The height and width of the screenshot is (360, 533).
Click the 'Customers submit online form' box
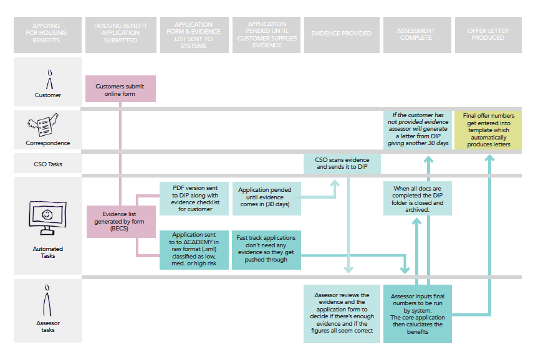[120, 88]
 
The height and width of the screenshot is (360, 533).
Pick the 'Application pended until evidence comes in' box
[266, 197]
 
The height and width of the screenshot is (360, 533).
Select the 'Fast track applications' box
[266, 250]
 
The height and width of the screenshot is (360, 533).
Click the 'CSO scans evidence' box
[340, 163]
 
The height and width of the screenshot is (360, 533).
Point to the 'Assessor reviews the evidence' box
[341, 313]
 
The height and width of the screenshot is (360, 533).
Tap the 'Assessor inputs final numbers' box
[416, 313]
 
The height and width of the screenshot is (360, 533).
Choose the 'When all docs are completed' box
[418, 198]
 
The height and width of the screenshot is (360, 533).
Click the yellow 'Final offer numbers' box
[488, 130]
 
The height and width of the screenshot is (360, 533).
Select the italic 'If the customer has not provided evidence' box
[418, 130]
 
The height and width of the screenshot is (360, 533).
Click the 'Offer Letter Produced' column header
[488, 34]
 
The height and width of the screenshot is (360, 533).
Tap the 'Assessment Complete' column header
[416, 34]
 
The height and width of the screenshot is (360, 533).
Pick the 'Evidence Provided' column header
[341, 34]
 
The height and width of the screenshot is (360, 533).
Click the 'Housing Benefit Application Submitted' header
[120, 34]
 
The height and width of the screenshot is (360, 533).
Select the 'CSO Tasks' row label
[48, 165]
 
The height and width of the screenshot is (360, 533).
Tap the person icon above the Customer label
[49, 80]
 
